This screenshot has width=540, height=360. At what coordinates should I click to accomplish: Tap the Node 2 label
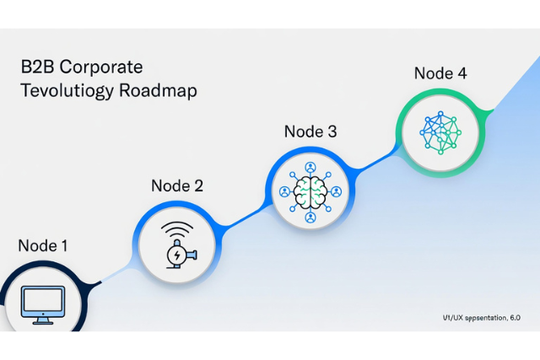(x=176, y=186)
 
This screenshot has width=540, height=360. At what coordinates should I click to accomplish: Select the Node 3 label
(x=310, y=132)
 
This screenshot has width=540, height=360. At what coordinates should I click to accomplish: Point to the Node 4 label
(x=440, y=73)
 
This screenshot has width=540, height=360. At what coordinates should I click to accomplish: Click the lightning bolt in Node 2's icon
(x=176, y=253)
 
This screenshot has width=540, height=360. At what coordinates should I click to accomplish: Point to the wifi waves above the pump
(x=177, y=230)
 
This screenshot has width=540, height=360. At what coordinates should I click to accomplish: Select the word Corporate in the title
(x=106, y=67)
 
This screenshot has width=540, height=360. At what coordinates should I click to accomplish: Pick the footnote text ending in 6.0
(x=481, y=318)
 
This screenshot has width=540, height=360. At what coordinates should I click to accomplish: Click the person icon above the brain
(x=310, y=166)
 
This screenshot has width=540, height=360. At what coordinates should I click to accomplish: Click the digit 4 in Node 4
(x=461, y=73)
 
